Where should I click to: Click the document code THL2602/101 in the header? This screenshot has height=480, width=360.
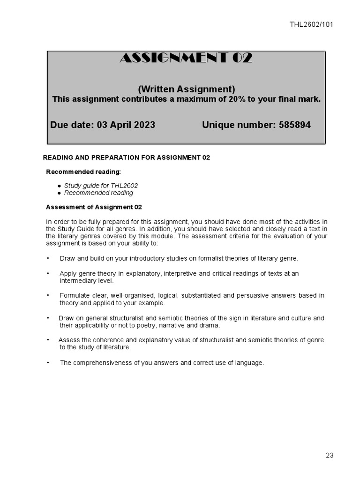(311, 25)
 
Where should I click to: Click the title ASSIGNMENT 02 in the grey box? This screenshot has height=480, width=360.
(186, 58)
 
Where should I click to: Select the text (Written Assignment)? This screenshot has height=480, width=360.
(186, 89)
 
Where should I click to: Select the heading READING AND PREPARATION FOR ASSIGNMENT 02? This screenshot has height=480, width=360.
(127, 157)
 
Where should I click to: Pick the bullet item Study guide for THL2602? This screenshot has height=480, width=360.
(101, 186)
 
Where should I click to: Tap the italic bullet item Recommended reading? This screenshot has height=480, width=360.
(98, 193)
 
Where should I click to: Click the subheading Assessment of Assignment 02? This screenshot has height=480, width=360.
(94, 207)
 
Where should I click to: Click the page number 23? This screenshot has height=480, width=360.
(329, 455)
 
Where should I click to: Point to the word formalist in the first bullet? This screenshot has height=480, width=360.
(212, 258)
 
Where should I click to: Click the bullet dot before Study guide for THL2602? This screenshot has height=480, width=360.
(60, 186)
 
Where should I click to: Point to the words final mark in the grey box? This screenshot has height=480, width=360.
(302, 99)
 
